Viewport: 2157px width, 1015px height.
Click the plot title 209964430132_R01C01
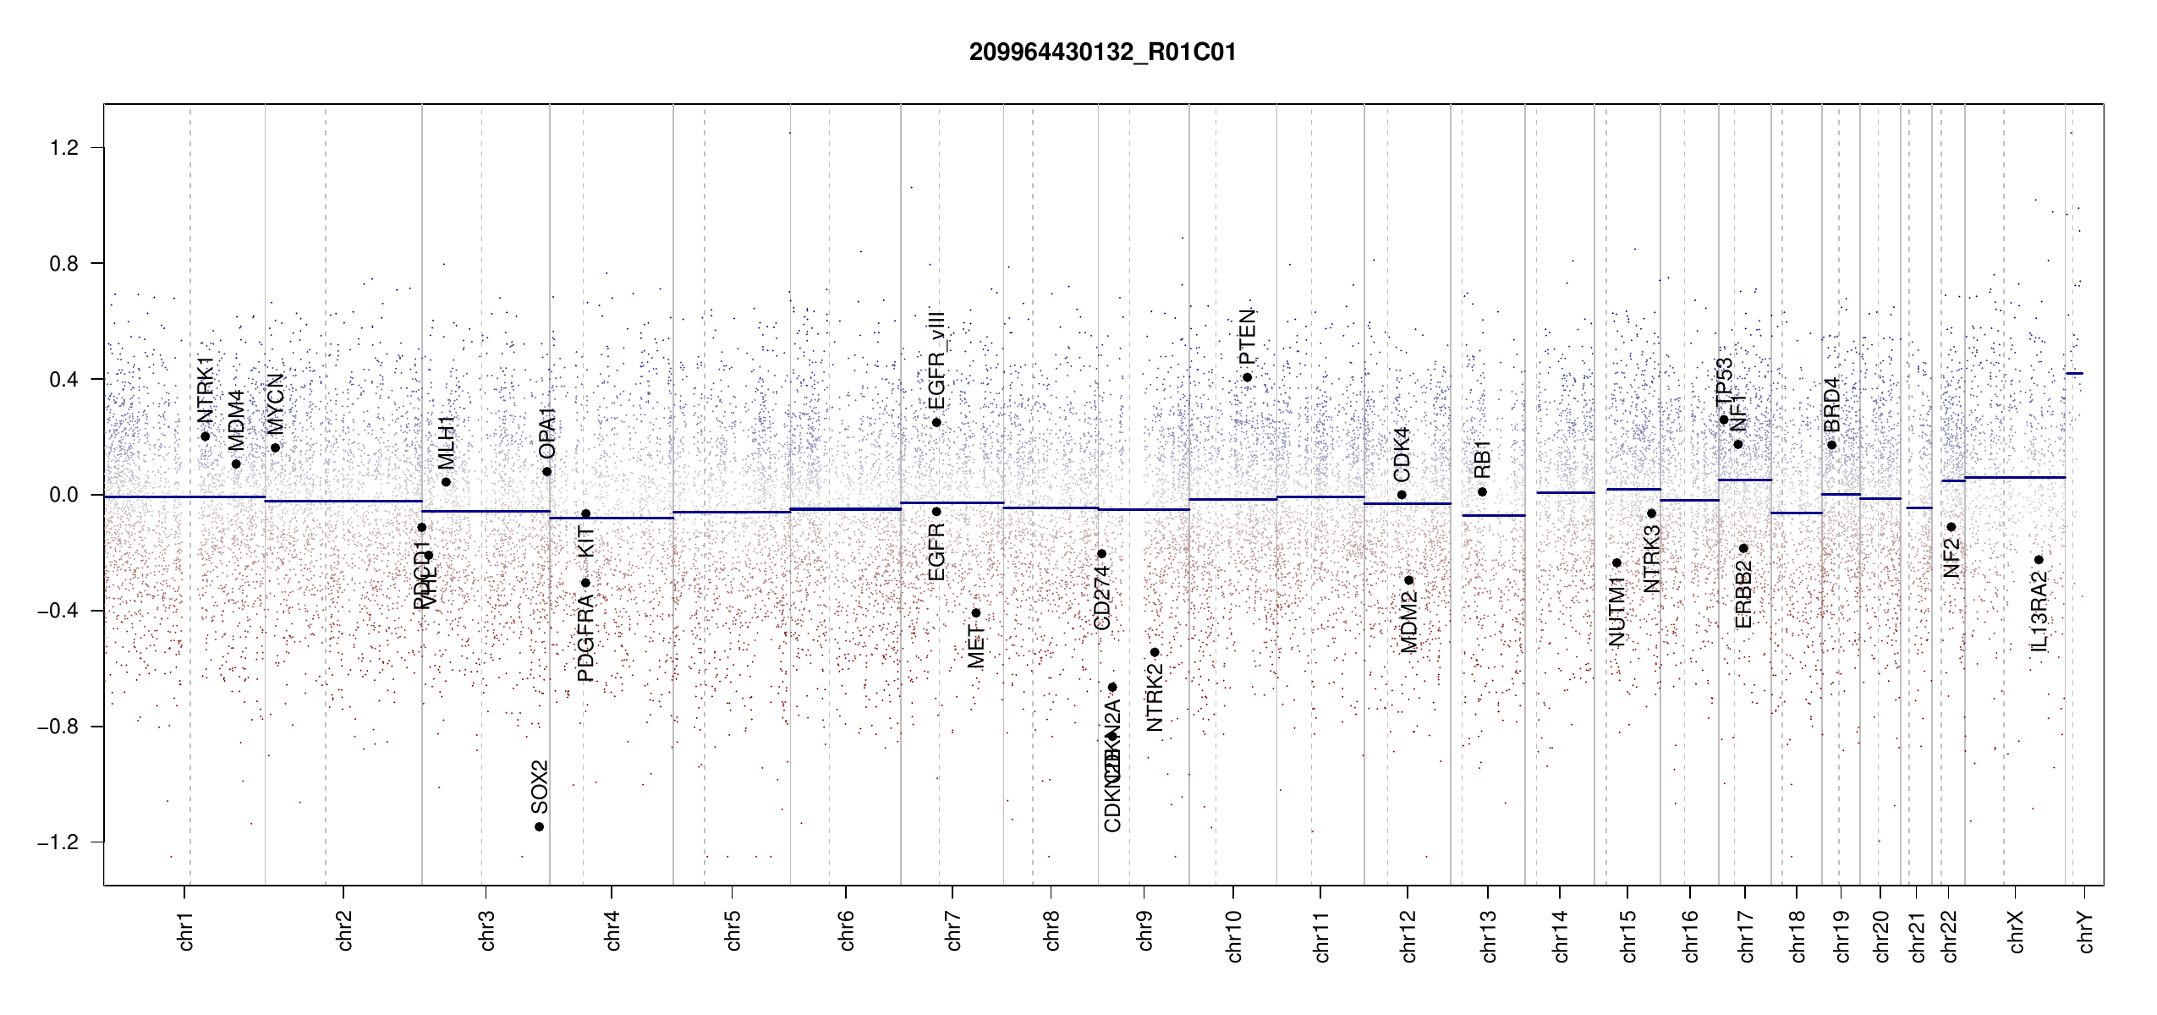pyautogui.click(x=1102, y=52)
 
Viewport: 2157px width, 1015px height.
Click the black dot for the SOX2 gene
pyautogui.click(x=539, y=826)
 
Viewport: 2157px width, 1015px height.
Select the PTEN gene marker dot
pyautogui.click(x=1247, y=377)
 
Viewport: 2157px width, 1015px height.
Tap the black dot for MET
pyautogui.click(x=975, y=613)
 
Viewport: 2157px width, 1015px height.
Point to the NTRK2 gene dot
pyautogui.click(x=1154, y=652)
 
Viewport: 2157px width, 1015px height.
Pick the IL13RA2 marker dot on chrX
pyautogui.click(x=2039, y=560)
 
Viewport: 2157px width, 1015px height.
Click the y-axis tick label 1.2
pyautogui.click(x=63, y=148)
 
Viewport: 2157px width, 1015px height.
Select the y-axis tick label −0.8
pyautogui.click(x=58, y=727)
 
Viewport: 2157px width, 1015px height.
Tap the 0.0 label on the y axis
pyautogui.click(x=63, y=495)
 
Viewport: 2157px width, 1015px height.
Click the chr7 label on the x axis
pyautogui.click(x=953, y=930)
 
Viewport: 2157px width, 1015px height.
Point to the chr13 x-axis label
pyautogui.click(x=1489, y=935)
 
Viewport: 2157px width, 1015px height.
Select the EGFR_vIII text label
pyautogui.click(x=936, y=359)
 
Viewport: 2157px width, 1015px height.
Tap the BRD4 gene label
pyautogui.click(x=1831, y=404)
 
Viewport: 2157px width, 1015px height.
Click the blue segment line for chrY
pyautogui.click(x=2074, y=373)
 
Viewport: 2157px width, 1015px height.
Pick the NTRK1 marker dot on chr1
pyautogui.click(x=205, y=436)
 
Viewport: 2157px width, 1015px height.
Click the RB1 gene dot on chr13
pyautogui.click(x=1482, y=492)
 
